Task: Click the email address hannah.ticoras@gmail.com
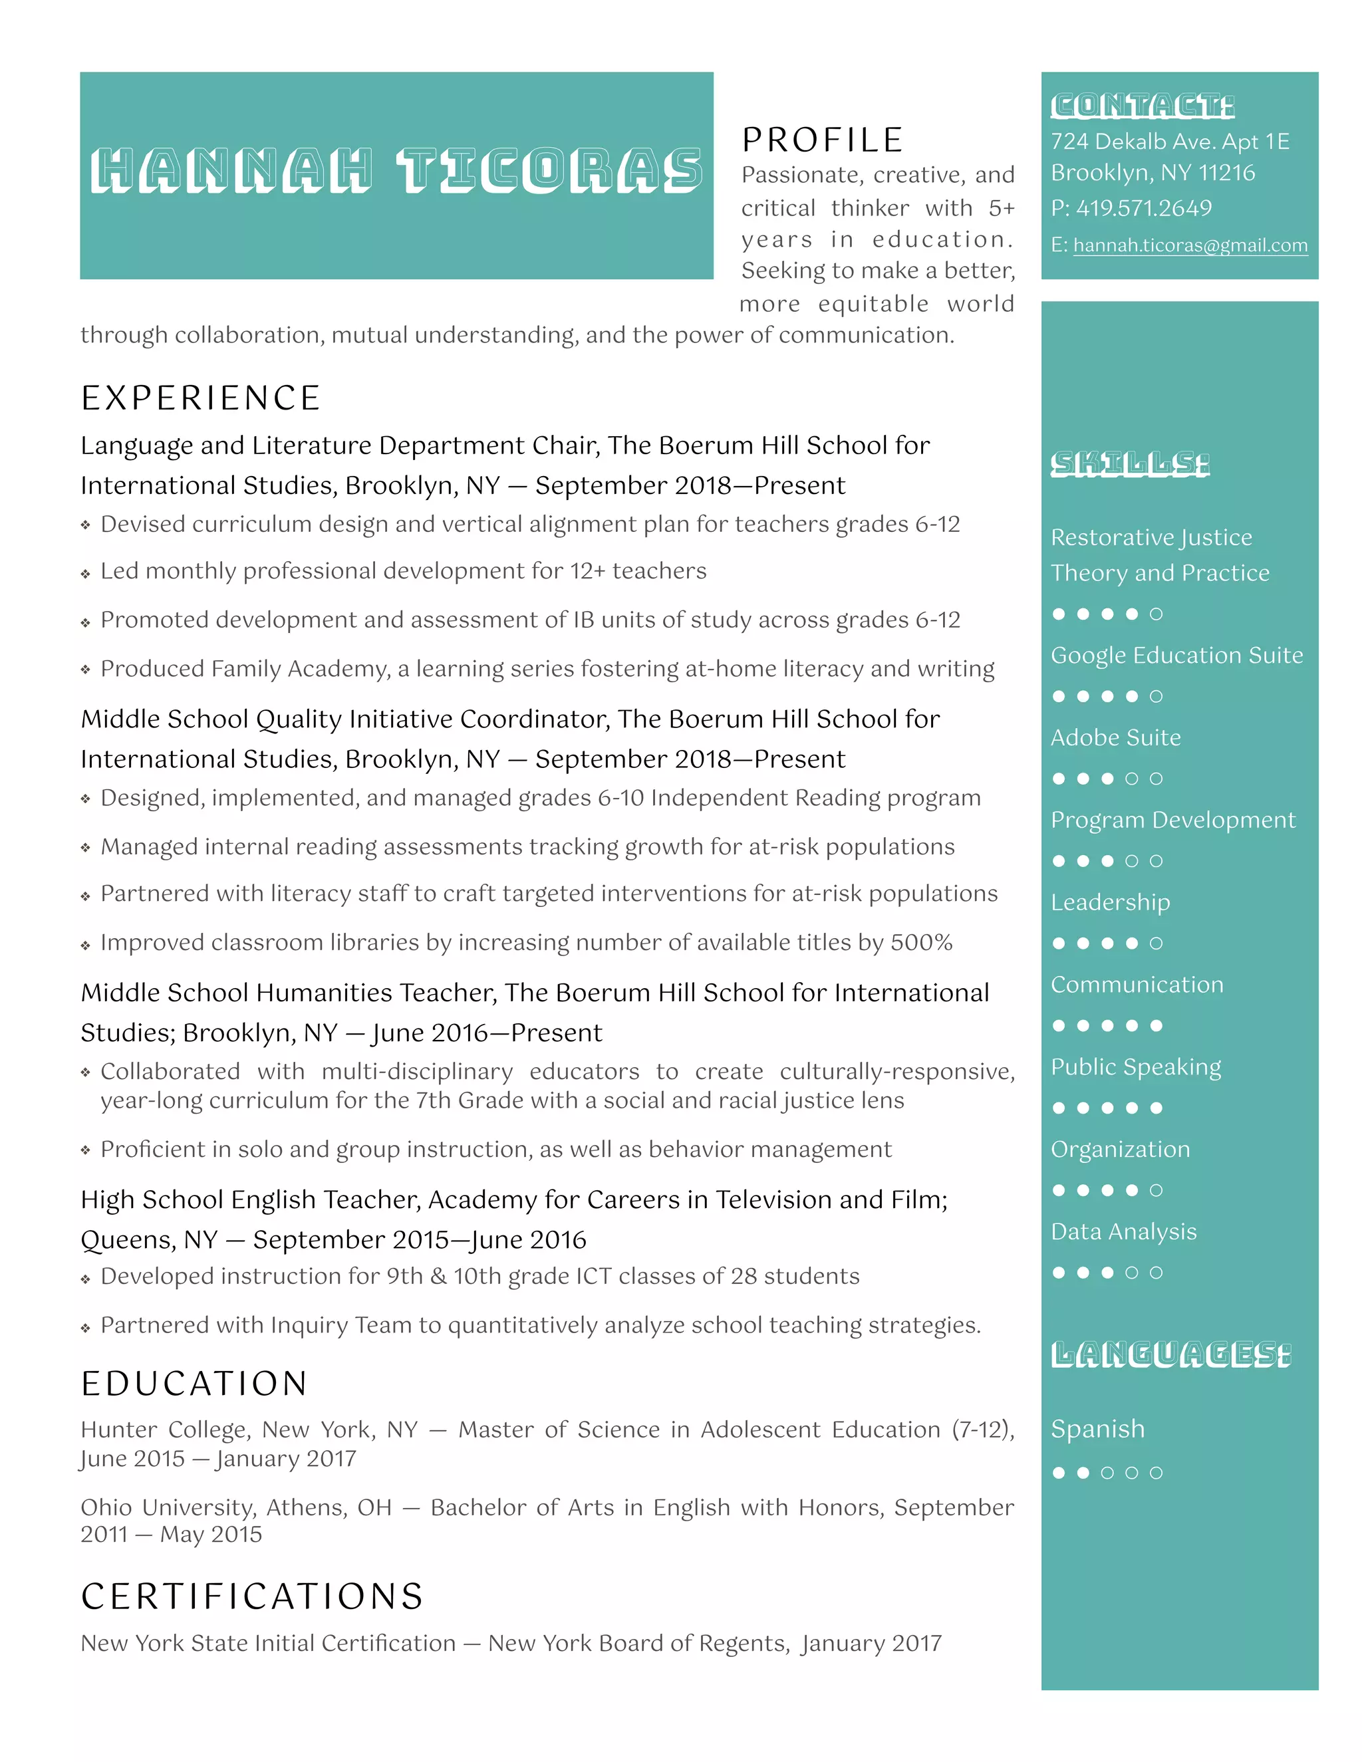(x=1189, y=245)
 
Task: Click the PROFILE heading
(x=822, y=140)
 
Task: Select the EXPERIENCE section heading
(x=201, y=398)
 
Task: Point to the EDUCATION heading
(x=194, y=1384)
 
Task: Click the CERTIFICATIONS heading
(x=253, y=1596)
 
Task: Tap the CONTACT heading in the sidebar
(x=1142, y=106)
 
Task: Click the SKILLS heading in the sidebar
(x=1130, y=464)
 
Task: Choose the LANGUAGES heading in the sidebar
(x=1170, y=1355)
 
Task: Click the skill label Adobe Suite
(x=1115, y=737)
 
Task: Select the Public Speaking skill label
(x=1135, y=1067)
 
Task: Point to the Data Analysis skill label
(x=1123, y=1231)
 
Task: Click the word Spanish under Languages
(x=1097, y=1429)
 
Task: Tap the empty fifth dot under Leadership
(x=1157, y=943)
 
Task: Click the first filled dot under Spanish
(x=1059, y=1473)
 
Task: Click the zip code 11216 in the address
(x=1226, y=173)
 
